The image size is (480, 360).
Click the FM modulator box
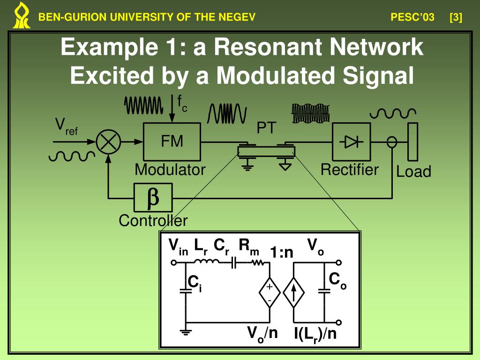pos(172,142)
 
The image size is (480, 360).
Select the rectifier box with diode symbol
pos(351,142)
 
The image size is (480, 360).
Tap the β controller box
pos(153,197)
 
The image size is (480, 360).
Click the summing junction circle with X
pos(108,142)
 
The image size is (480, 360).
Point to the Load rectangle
pos(412,142)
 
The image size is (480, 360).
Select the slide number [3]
pos(455,18)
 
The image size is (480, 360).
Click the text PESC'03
pos(412,18)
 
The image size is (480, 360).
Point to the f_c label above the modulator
pos(182,103)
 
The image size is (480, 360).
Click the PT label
pos(266,128)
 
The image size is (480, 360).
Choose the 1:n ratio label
pos(281,253)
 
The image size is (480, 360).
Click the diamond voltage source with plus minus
pos(270,293)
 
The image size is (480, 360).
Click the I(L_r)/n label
pos(315,334)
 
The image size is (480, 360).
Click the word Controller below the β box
pos(153,220)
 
